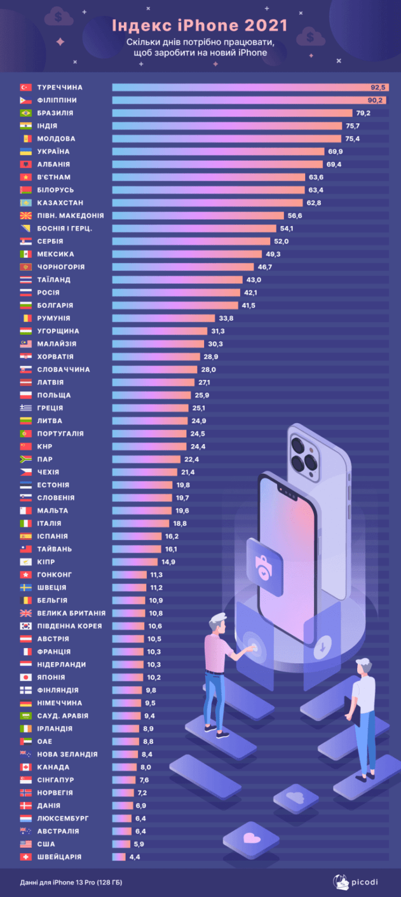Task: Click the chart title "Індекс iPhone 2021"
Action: click(200, 25)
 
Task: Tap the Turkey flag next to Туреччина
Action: click(25, 87)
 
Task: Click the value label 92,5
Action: click(377, 87)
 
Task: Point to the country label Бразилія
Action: click(55, 113)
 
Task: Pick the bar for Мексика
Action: click(187, 254)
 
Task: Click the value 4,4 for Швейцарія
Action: click(135, 857)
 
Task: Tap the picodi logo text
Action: click(365, 882)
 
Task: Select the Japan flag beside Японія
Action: click(25, 677)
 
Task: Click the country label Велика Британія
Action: click(71, 613)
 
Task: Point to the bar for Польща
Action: click(151, 395)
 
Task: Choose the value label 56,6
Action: click(294, 216)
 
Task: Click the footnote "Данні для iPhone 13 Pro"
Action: click(71, 882)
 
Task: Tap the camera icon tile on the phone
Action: click(264, 566)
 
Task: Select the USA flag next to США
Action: click(25, 844)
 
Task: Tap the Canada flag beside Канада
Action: click(25, 767)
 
